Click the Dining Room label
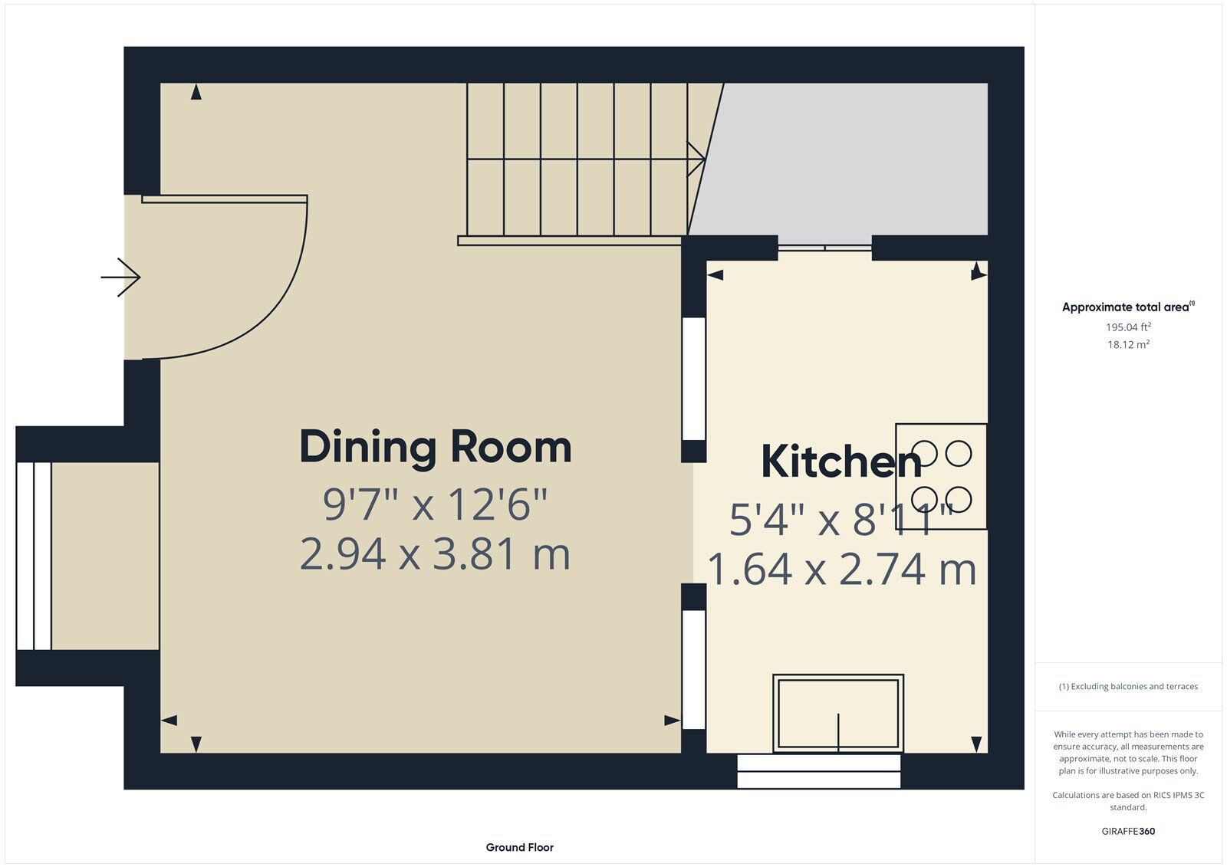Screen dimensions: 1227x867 coord(436,448)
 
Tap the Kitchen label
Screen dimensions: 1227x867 coord(841,461)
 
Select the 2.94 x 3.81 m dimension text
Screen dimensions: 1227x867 coord(435,554)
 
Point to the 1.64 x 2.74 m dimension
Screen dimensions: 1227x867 coord(841,570)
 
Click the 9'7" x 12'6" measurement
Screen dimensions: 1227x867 coord(435,504)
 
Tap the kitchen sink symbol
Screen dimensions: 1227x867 coord(838,714)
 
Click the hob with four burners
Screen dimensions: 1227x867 coord(941,477)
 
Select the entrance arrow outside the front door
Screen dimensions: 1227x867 coord(120,278)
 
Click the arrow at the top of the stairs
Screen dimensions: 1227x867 coord(696,159)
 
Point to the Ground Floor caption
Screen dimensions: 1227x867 coord(519,847)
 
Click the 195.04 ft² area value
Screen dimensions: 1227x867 coord(1128,327)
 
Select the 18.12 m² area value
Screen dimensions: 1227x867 coord(1128,344)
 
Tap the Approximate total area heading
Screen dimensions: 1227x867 coord(1128,307)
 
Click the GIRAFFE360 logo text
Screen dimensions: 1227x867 coord(1128,831)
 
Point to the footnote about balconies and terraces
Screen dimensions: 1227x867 coord(1128,686)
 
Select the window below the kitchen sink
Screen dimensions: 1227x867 coord(819,771)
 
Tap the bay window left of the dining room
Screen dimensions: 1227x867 coord(34,556)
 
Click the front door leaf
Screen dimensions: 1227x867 coord(225,199)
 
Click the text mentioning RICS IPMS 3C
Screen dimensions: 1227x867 coord(1128,801)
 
